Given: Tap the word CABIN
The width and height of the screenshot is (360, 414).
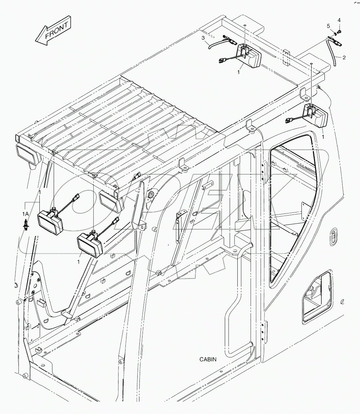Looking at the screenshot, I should point(208,359).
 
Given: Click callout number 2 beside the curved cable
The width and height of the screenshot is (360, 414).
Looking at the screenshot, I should point(344,58).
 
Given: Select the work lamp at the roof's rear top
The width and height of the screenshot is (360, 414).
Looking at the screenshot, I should point(249,56).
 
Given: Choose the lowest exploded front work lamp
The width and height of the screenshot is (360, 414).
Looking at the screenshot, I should point(90,244).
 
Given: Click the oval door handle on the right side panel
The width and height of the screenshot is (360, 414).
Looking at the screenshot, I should point(333,236).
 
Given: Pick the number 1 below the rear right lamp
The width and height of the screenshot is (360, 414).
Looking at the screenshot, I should point(323,137).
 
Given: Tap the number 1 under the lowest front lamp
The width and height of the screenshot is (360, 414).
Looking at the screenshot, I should point(79,261).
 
